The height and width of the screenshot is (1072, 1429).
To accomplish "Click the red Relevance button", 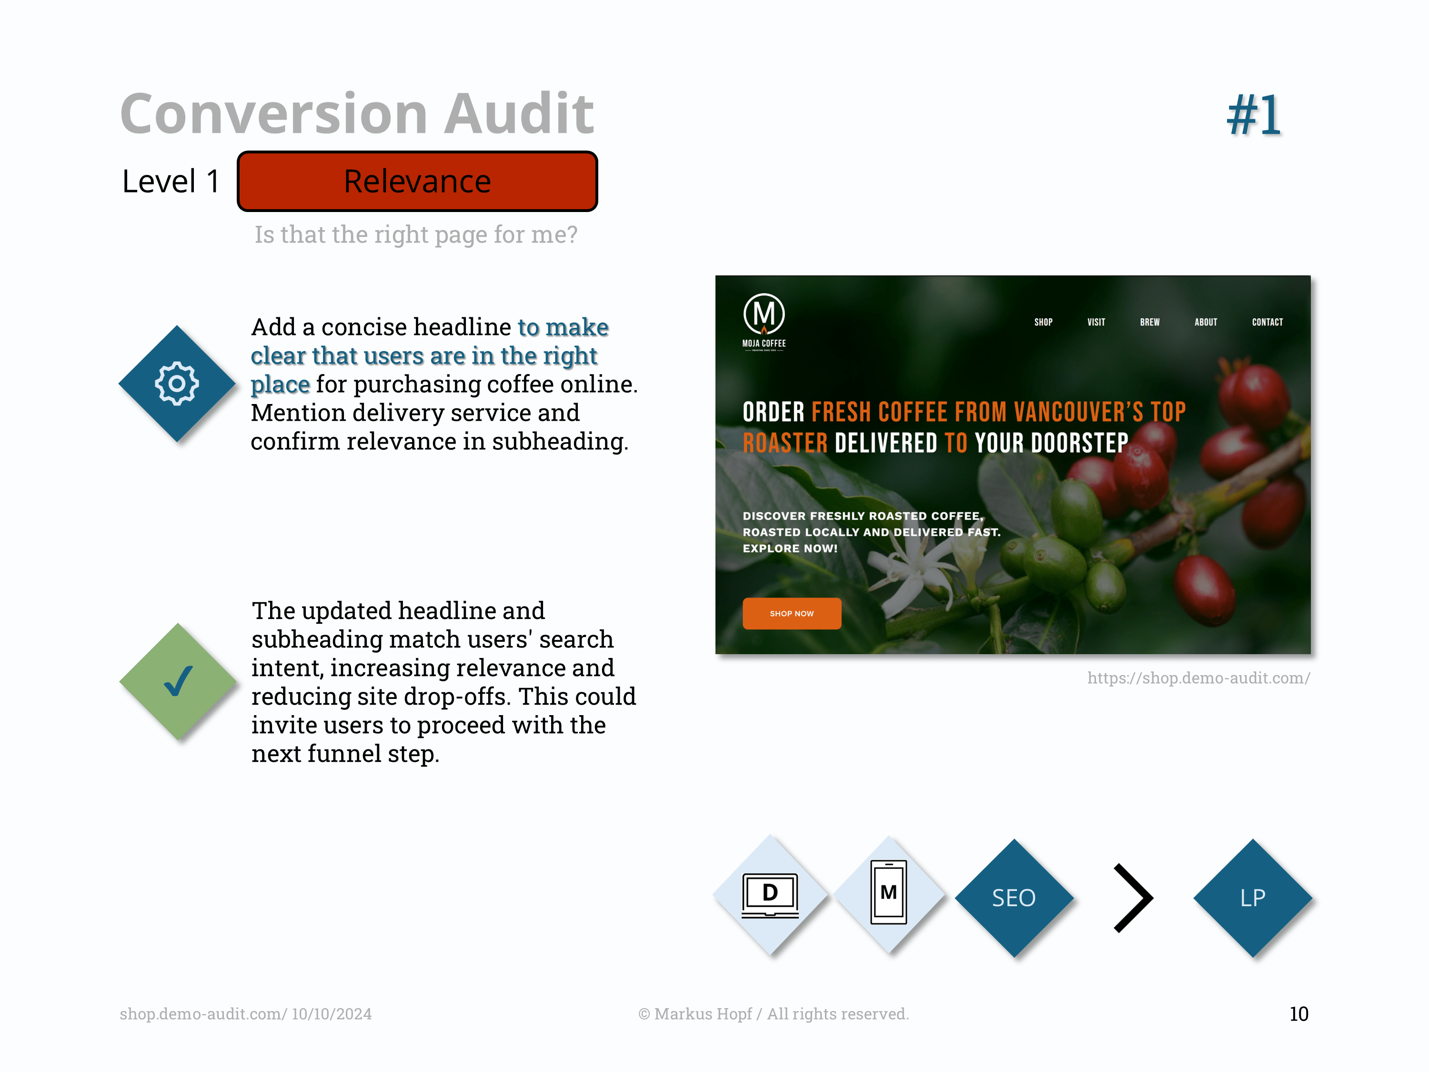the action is pyautogui.click(x=417, y=182).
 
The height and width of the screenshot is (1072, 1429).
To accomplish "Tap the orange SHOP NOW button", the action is pyautogui.click(x=792, y=613).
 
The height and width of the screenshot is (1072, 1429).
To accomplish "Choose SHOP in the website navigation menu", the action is pyautogui.click(x=1043, y=322).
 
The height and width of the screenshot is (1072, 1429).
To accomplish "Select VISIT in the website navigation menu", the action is pyautogui.click(x=1097, y=322).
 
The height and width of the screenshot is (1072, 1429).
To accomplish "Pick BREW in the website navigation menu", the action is pyautogui.click(x=1150, y=322).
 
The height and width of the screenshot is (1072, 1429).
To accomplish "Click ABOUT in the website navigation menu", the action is pyautogui.click(x=1206, y=322).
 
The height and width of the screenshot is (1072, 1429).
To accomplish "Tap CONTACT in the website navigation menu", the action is pyautogui.click(x=1268, y=322).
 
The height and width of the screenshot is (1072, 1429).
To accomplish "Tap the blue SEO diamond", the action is pyautogui.click(x=1014, y=898).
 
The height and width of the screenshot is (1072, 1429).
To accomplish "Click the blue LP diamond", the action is pyautogui.click(x=1253, y=898).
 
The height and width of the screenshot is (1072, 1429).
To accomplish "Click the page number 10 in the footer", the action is pyautogui.click(x=1298, y=1014).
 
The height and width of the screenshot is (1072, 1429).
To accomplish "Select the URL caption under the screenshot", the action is pyautogui.click(x=1198, y=678).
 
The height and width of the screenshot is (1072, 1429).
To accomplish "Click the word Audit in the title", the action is pyautogui.click(x=519, y=114).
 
